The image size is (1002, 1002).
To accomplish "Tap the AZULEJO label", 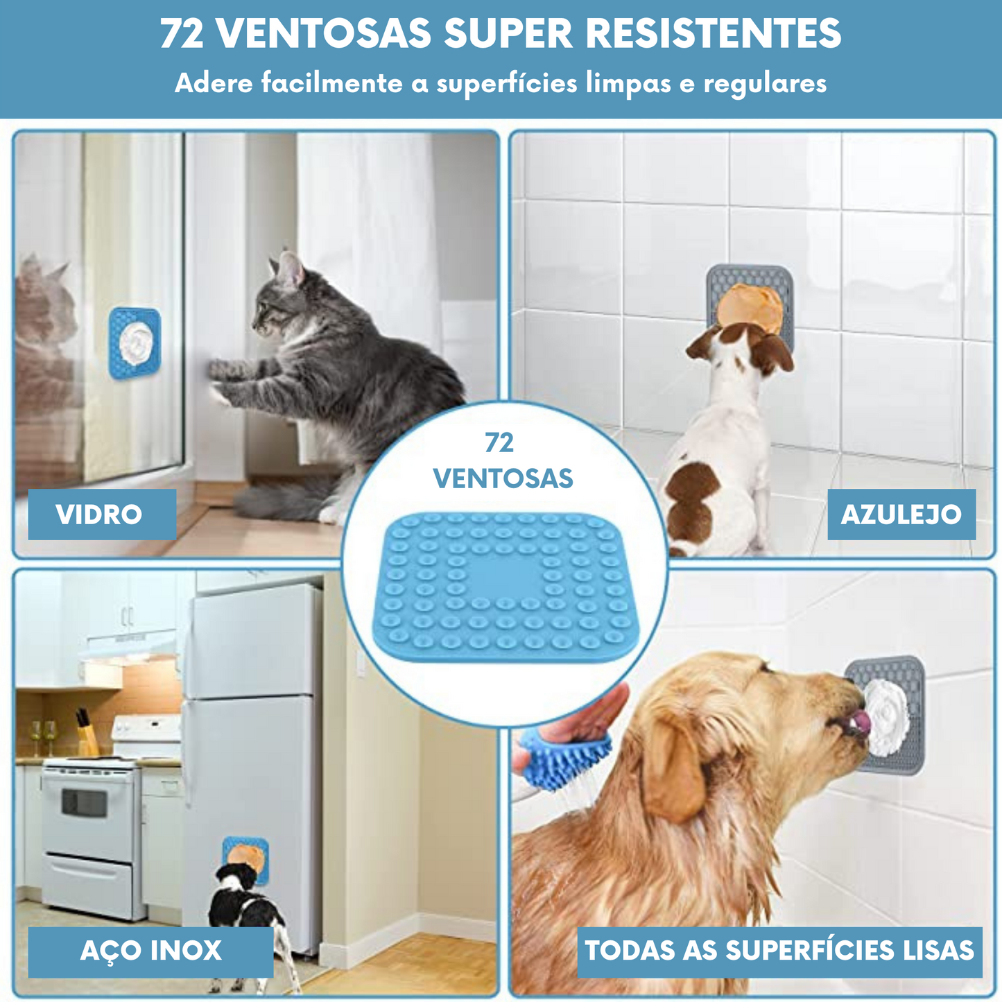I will [901, 515].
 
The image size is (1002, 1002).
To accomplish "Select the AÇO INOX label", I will [150, 951].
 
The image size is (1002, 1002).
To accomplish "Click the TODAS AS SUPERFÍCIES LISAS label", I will [779, 951].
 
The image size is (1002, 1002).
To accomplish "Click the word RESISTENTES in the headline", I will [714, 33].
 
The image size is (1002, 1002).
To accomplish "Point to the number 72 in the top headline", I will [182, 33].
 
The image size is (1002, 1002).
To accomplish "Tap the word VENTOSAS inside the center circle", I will [503, 478].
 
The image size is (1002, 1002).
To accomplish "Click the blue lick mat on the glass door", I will [135, 343].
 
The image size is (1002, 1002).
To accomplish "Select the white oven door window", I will [85, 802].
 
